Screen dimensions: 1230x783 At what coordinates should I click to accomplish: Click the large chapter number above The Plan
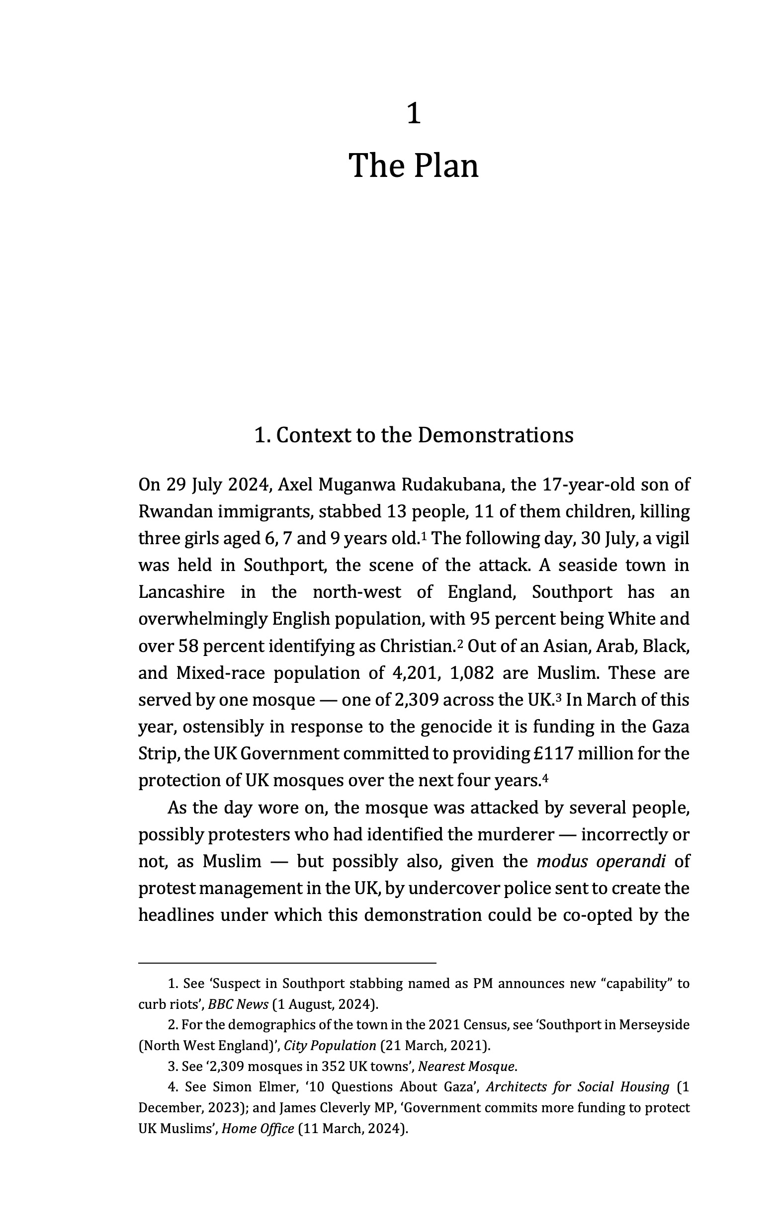[414, 113]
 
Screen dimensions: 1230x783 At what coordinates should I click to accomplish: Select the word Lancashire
[181, 592]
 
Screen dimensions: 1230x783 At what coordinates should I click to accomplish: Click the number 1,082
[472, 673]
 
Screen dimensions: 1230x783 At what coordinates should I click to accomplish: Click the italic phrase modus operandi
[601, 861]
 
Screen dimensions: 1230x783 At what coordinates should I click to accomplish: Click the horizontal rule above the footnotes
[287, 963]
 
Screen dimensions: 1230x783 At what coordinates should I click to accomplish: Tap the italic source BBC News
[238, 1004]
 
